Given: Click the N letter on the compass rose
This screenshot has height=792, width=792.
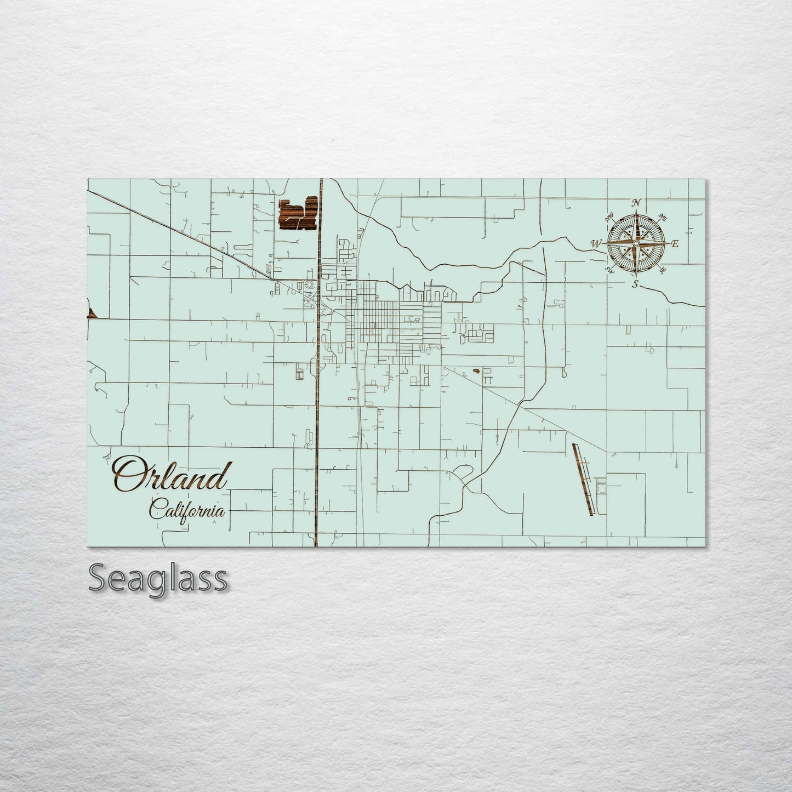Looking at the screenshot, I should tap(636, 203).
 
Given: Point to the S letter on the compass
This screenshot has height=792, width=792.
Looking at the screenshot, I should tap(635, 284).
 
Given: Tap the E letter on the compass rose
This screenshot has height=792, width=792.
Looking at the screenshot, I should tap(675, 244).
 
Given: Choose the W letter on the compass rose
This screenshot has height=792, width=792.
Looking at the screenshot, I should tap(596, 243).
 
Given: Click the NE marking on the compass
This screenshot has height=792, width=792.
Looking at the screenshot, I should tap(663, 216).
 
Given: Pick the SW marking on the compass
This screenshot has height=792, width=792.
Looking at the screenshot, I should tap(609, 269).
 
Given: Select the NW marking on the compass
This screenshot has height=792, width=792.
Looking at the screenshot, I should tap(609, 218).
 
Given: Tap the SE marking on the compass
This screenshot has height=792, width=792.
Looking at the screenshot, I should tap(663, 270).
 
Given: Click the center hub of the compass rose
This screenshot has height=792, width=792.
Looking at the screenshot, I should tap(636, 243).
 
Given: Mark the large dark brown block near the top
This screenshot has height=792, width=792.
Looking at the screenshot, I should tap(298, 214).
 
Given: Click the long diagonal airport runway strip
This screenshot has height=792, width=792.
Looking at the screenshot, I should tap(583, 479).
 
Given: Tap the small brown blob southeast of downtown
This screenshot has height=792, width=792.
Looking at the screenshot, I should tap(475, 371).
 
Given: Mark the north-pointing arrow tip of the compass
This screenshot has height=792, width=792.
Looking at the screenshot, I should tap(636, 211).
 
